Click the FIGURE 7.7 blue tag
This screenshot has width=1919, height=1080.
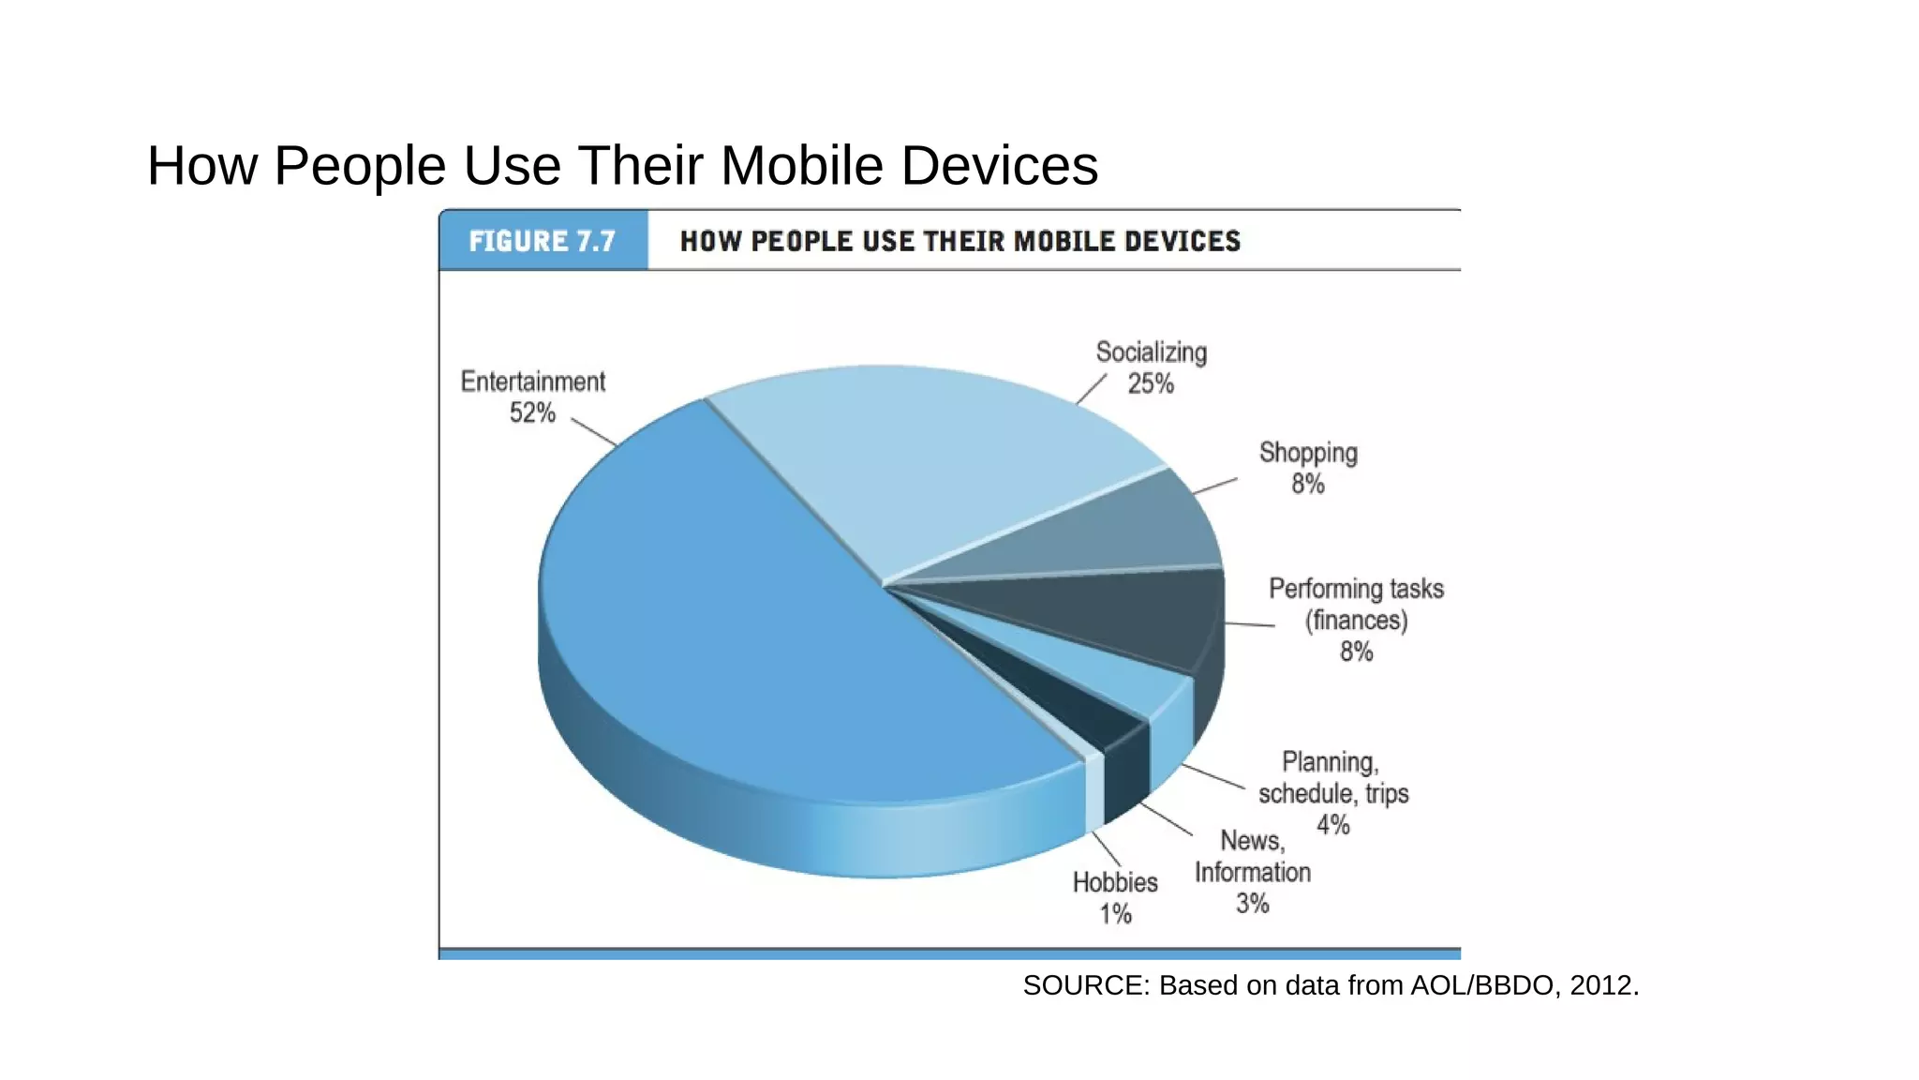(543, 241)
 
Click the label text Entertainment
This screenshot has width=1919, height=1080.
(532, 382)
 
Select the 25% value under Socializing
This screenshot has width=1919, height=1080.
(1150, 383)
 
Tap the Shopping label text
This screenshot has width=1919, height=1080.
(1308, 453)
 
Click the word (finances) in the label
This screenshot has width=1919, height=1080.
(1356, 621)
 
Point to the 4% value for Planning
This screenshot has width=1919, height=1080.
(1332, 825)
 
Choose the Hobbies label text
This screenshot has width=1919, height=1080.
(1115, 882)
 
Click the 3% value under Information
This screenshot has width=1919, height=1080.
(1252, 904)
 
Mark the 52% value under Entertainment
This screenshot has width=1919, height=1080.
(532, 412)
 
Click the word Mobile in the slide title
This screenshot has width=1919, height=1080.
(801, 166)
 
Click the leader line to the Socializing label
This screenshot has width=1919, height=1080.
(1091, 390)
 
